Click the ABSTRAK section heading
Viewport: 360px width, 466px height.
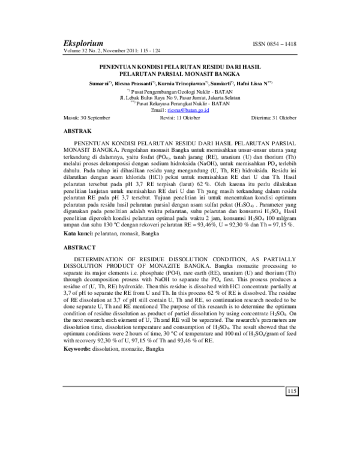77,130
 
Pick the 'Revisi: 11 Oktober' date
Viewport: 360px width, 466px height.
180,118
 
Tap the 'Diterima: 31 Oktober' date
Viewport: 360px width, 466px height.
273,118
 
